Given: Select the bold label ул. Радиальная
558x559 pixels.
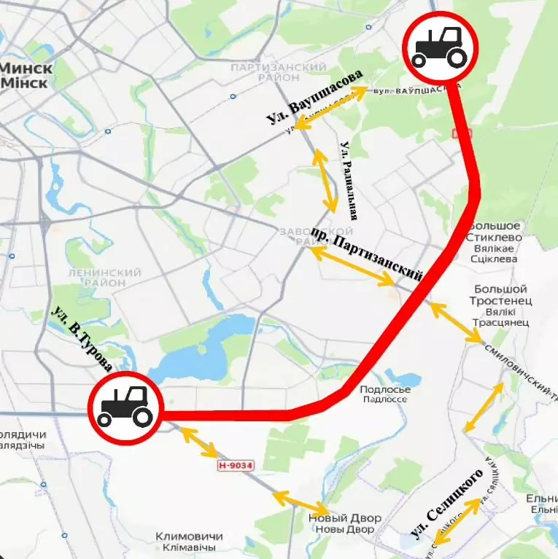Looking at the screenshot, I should (x=348, y=181).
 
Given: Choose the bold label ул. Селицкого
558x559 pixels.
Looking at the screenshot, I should (x=447, y=504).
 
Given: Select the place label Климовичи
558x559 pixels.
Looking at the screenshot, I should (x=188, y=542).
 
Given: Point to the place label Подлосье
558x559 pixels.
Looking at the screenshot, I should (x=385, y=394).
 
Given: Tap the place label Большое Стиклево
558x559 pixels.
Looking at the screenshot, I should (x=496, y=237).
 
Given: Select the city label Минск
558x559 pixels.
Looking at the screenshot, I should (x=26, y=74).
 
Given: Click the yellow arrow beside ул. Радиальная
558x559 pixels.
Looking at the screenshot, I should (x=325, y=181).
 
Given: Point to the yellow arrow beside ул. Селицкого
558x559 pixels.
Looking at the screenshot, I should (x=457, y=520).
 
